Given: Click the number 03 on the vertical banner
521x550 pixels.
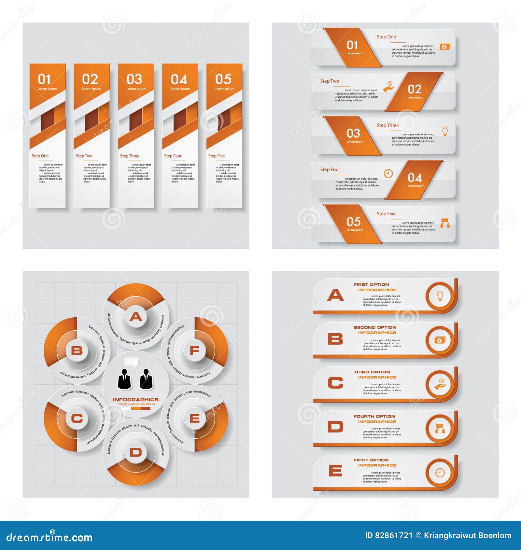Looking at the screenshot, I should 134,79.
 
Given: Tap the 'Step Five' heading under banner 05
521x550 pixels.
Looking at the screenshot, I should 217,156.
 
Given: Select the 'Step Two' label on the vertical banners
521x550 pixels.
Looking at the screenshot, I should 84,156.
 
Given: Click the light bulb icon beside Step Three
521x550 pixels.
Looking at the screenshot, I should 445,131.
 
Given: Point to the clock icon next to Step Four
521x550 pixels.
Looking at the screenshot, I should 388,174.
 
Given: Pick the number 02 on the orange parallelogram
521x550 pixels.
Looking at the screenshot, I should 415,89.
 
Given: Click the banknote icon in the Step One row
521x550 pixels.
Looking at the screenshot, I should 445,47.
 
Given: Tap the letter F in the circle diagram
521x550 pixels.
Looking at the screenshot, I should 194,351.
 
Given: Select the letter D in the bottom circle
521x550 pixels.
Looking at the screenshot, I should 136,452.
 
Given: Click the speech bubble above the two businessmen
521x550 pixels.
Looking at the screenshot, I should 132,362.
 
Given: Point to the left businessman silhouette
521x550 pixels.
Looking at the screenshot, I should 124,379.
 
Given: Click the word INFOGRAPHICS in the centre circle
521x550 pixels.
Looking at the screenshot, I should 136,400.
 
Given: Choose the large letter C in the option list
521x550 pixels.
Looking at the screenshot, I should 335,383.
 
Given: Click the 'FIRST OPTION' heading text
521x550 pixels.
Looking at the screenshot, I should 371,284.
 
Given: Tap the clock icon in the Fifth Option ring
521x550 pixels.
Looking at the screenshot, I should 440,473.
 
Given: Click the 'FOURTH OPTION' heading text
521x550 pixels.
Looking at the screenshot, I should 374,416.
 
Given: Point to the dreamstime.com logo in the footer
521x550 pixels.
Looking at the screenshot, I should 49,537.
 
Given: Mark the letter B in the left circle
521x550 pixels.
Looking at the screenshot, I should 77,351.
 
